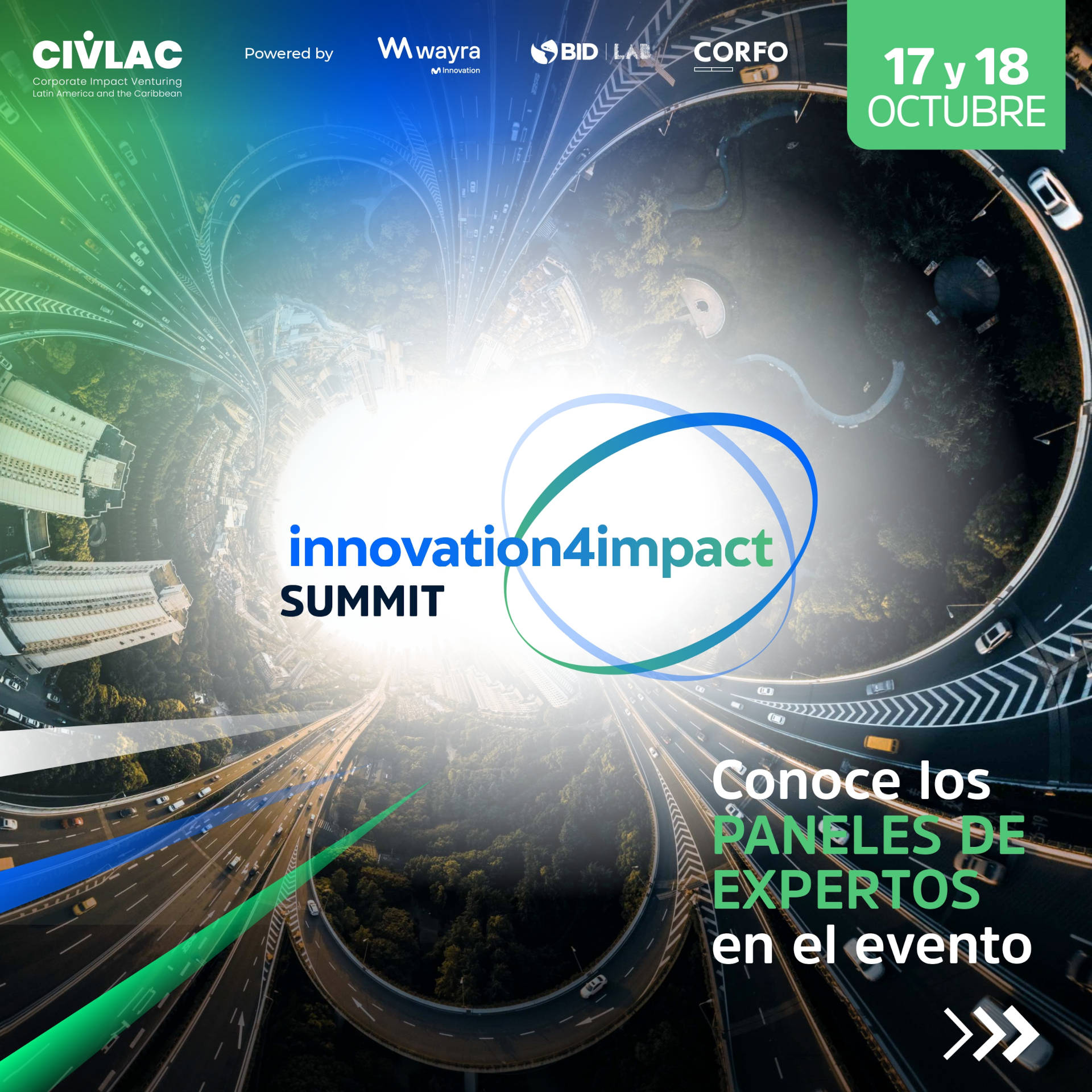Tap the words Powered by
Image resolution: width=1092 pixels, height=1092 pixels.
tap(288, 53)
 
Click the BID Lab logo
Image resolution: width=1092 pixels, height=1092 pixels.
tap(591, 52)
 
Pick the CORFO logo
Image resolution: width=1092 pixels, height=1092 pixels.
tap(741, 55)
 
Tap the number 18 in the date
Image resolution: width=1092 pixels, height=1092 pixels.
tap(1002, 67)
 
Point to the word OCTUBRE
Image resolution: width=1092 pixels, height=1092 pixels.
tap(956, 111)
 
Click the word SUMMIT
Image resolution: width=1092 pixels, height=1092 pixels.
tap(362, 601)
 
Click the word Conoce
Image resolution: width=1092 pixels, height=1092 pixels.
tap(806, 781)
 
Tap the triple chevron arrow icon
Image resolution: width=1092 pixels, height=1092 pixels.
tap(991, 1033)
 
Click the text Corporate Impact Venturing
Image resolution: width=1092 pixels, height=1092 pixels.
tap(107, 81)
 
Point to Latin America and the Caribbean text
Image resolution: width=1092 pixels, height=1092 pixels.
tap(107, 93)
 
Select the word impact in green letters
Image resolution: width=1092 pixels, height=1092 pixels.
tap(684, 549)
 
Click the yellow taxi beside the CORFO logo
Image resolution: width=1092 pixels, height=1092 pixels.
tap(760, 73)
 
